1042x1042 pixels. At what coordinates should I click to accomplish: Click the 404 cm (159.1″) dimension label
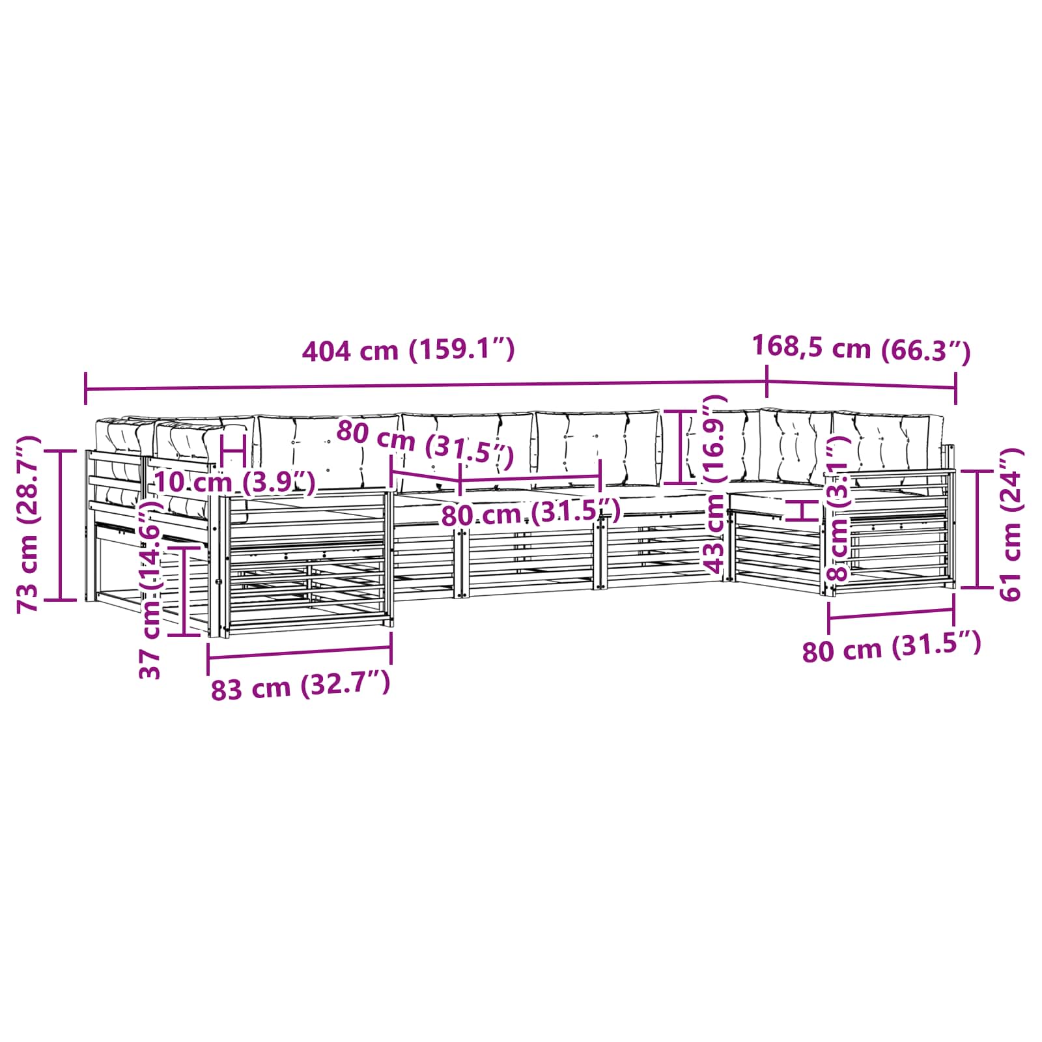tap(408, 351)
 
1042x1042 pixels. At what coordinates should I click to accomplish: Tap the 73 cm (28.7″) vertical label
tap(29, 524)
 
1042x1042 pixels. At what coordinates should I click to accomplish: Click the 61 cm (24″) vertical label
tap(1009, 524)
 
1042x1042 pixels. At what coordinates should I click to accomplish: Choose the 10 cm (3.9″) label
tap(234, 483)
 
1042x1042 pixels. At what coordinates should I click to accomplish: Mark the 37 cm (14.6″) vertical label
tap(150, 589)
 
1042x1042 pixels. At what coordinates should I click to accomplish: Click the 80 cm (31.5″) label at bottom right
tap(891, 648)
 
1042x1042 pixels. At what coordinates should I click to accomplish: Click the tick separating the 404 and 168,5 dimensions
tap(767, 382)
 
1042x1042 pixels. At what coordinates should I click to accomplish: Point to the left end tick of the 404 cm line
tap(85, 389)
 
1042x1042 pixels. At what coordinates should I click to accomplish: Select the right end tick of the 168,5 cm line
tap(955, 388)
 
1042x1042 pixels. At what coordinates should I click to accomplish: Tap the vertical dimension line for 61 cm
tap(978, 529)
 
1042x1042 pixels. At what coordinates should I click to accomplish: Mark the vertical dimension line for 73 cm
tap(61, 525)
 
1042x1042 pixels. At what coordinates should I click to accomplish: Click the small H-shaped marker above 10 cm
tap(232, 449)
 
